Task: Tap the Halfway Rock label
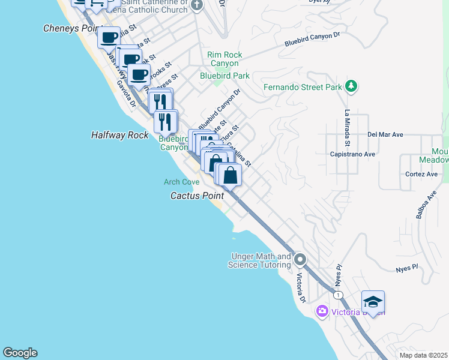(x=119, y=135)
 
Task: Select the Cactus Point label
(x=197, y=196)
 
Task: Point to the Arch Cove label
(x=181, y=182)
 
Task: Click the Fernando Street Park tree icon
(x=351, y=87)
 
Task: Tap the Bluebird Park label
(x=224, y=76)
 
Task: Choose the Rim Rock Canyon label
(x=224, y=59)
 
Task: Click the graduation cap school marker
(x=373, y=302)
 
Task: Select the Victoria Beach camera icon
(x=322, y=311)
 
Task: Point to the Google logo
(x=20, y=353)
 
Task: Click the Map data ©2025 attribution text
(x=423, y=355)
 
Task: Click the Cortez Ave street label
(x=421, y=174)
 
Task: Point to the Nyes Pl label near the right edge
(x=407, y=268)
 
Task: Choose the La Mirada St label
(x=346, y=128)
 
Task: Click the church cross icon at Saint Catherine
(x=197, y=5)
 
